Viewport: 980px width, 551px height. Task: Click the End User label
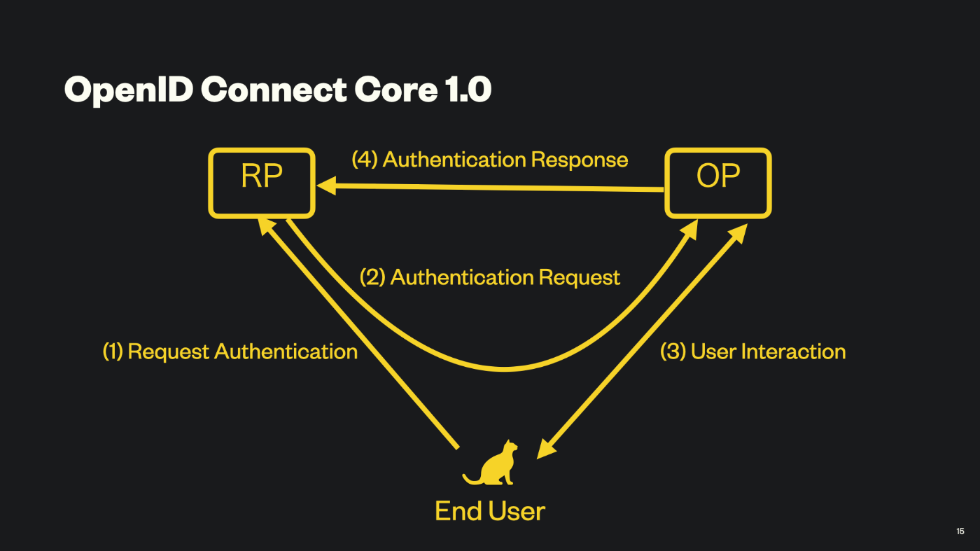coord(490,510)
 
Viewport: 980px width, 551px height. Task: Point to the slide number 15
coord(960,531)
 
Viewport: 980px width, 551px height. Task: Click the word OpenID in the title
coord(129,90)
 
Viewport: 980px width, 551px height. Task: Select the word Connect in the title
coord(274,90)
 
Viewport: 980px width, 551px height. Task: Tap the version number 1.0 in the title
coord(468,90)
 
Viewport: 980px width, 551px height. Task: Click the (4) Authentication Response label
coord(489,160)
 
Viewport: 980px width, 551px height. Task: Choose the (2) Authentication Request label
coord(489,277)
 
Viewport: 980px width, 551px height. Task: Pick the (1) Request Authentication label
coord(230,351)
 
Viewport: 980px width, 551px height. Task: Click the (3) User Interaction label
coord(752,351)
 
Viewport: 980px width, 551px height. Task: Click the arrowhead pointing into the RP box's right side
coord(326,186)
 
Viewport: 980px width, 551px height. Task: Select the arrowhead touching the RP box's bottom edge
coord(265,226)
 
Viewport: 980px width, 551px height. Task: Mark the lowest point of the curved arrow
coord(505,368)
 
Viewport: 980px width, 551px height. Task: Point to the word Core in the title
coord(396,90)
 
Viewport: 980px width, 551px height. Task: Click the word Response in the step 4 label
coord(580,160)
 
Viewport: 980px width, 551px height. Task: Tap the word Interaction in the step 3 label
coord(793,351)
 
